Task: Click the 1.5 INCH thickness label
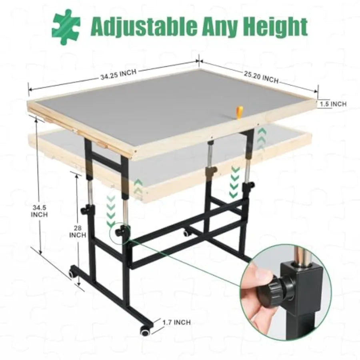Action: pyautogui.click(x=333, y=104)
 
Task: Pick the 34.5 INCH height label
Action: pyautogui.click(x=40, y=211)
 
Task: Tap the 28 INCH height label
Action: pyautogui.click(x=78, y=231)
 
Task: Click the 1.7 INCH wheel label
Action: pyautogui.click(x=176, y=322)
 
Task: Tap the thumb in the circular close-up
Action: pyautogui.click(x=256, y=282)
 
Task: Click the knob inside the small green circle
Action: pyautogui.click(x=119, y=232)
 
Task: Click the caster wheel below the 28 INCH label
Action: pyautogui.click(x=72, y=274)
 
